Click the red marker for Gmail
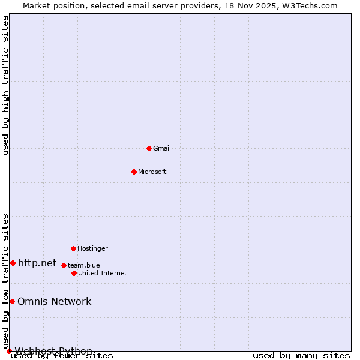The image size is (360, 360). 149,148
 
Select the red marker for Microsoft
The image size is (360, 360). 134,172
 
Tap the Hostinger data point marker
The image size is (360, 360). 73,248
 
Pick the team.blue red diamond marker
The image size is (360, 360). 64,265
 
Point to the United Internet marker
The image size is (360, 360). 74,273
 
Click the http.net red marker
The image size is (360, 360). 13,263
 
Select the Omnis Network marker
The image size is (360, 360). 12,301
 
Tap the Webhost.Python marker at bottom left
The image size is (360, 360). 9,351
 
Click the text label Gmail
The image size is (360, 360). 162,148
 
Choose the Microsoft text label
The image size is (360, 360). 152,172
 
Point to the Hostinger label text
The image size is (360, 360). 92,248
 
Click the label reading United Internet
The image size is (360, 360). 102,273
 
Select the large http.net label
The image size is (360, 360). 37,263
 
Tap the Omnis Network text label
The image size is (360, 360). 54,301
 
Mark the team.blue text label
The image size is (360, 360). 83,265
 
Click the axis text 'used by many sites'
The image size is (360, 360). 301,355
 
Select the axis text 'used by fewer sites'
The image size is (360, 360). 62,355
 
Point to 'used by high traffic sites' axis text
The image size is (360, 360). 5,85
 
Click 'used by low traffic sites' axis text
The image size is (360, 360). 5,281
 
